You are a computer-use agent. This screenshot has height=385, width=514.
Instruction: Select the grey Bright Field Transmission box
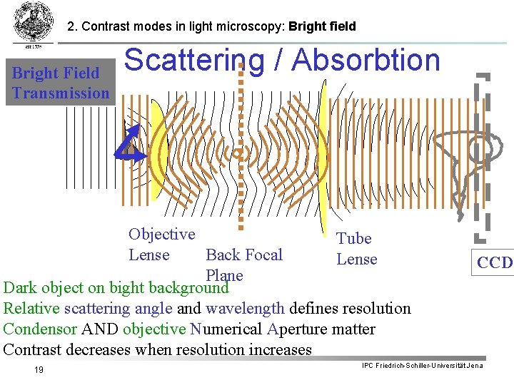(61, 82)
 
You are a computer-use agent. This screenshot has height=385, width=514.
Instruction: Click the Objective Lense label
(161, 245)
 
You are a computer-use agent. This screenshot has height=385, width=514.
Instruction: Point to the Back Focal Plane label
(243, 265)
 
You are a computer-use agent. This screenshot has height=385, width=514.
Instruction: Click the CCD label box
(495, 262)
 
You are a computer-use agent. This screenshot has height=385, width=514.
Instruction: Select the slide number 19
(39, 369)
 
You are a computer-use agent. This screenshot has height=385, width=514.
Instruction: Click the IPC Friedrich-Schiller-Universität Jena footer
(422, 366)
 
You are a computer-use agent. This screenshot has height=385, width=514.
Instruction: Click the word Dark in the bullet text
(19, 289)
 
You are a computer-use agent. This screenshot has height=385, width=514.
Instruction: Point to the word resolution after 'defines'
(376, 309)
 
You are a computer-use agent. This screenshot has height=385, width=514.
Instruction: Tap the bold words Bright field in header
(322, 27)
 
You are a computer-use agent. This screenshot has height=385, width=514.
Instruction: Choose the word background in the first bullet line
(188, 289)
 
